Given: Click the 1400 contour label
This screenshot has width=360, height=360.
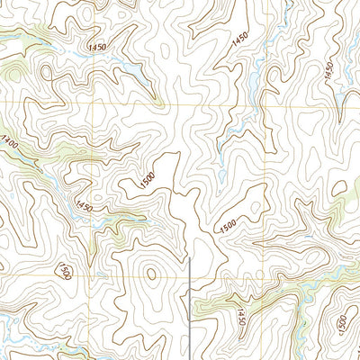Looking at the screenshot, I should pyautogui.click(x=10, y=142).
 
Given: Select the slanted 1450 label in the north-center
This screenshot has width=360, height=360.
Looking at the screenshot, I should pyautogui.click(x=238, y=39).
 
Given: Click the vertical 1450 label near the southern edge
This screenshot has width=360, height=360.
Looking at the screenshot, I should pyautogui.click(x=240, y=317).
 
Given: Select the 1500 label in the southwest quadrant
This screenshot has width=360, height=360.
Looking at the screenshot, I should pyautogui.click(x=64, y=270).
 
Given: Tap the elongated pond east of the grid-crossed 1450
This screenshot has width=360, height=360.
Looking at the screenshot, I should pyautogui.click(x=130, y=69).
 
